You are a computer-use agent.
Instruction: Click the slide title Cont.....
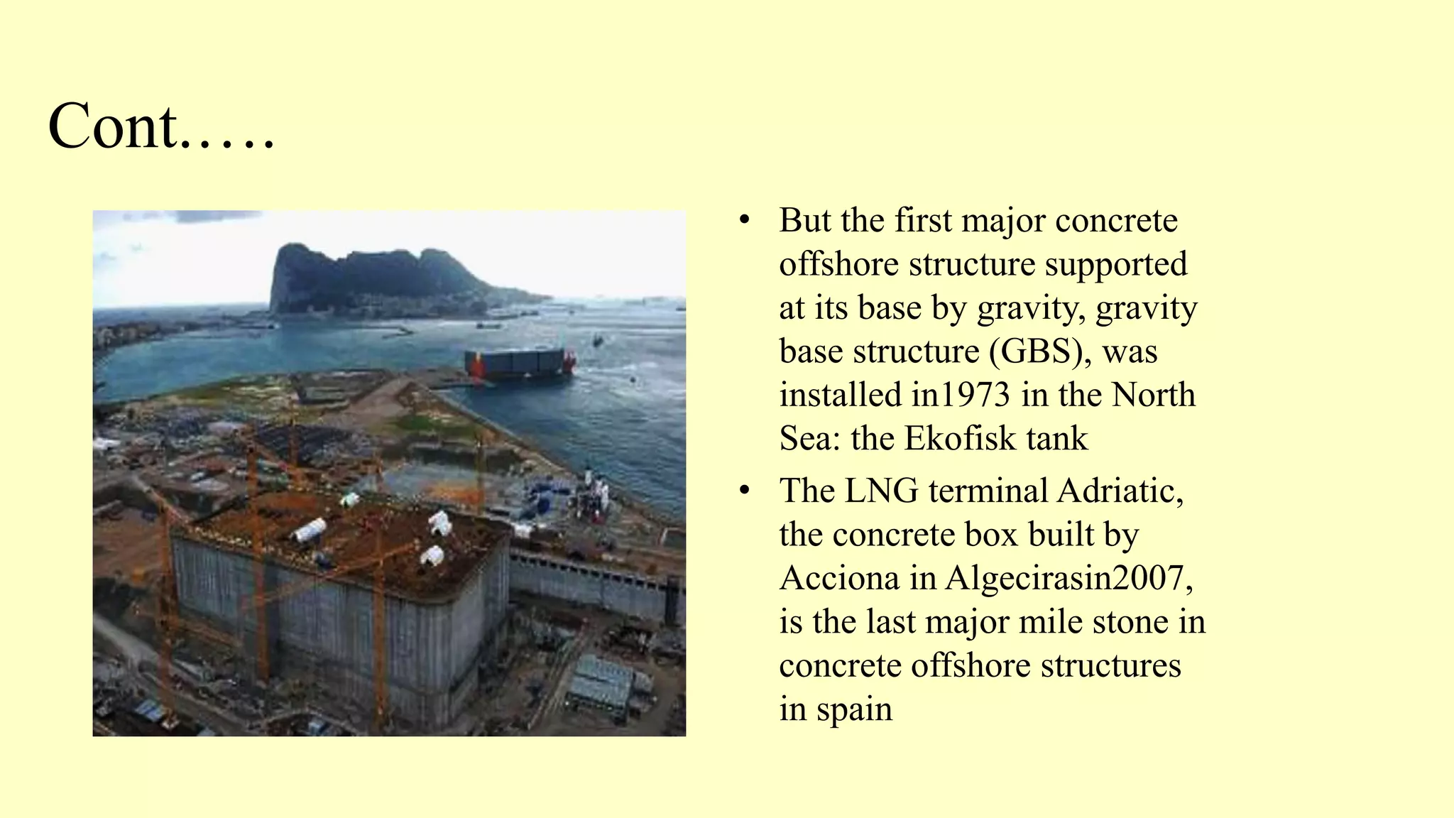160,126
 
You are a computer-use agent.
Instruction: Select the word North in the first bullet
1153,395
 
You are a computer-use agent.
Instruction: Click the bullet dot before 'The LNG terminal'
744,490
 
